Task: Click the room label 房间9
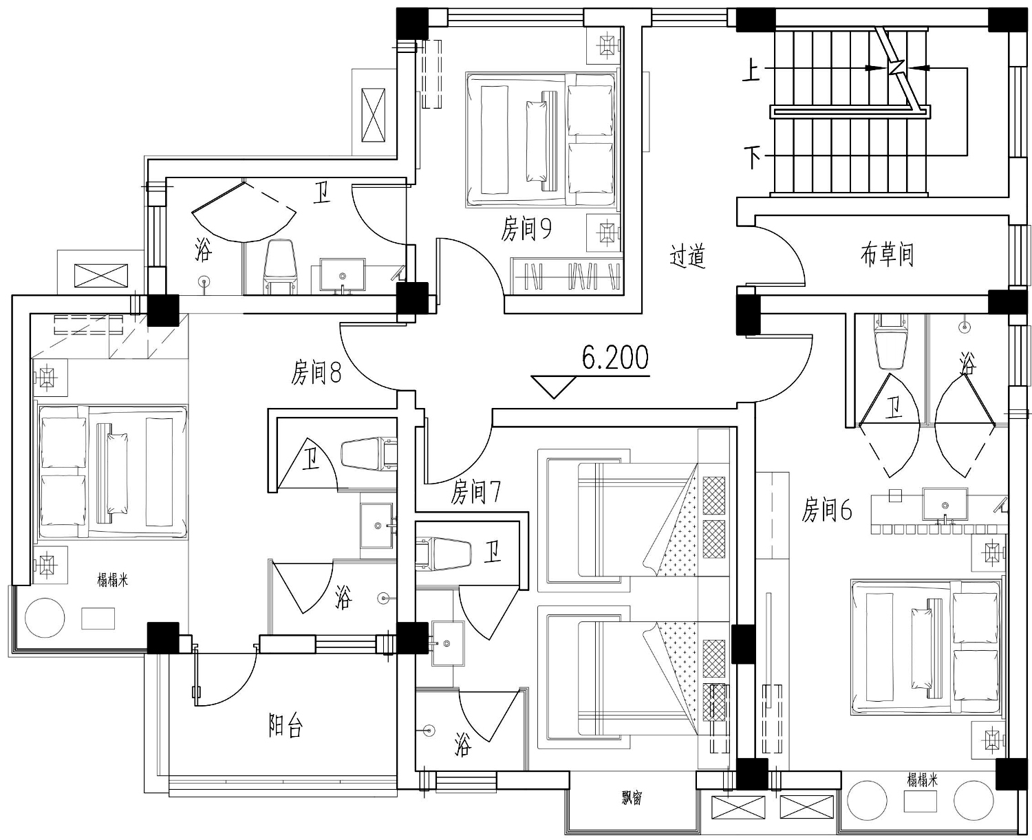pos(526,228)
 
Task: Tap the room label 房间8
pos(316,372)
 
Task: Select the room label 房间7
pos(475,492)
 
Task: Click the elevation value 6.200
pos(615,358)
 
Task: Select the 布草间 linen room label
pos(887,255)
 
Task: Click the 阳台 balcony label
pos(286,726)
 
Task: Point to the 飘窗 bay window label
pos(632,798)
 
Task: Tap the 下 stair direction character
pos(753,158)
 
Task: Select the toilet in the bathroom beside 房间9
pos(279,267)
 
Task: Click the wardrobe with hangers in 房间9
pos(566,277)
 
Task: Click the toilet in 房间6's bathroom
pos(890,341)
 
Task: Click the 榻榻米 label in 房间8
pos(112,580)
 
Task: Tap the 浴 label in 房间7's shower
pos(463,744)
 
